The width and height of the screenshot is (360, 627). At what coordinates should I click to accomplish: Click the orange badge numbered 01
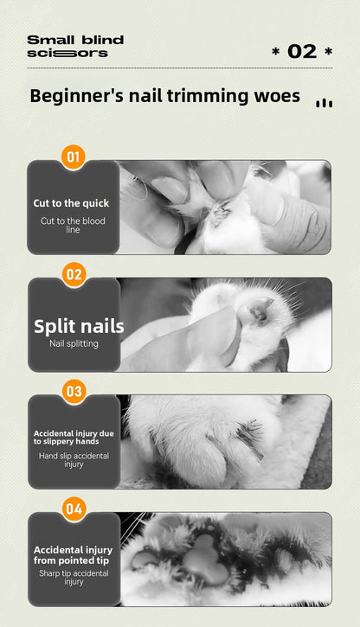point(74,157)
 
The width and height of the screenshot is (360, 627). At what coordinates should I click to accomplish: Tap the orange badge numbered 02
point(74,275)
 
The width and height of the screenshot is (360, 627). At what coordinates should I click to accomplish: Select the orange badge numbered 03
point(74,392)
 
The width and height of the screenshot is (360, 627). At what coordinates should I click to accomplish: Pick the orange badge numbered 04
point(74,509)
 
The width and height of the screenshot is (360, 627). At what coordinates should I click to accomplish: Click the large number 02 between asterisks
point(302,52)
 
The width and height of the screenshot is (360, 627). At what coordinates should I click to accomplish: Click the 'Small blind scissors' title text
point(74,47)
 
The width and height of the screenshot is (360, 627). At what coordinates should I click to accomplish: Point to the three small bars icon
point(325,103)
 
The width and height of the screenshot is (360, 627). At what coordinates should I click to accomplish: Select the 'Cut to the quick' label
point(72,203)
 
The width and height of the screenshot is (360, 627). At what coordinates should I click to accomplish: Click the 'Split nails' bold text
point(79,326)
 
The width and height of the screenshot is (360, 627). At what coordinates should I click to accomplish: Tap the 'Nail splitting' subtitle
point(74,344)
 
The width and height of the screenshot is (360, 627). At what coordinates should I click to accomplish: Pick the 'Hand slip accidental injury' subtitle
point(74,459)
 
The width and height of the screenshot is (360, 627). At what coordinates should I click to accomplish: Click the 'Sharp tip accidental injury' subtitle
point(74,577)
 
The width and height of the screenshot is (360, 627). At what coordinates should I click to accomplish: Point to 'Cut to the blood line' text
point(74,225)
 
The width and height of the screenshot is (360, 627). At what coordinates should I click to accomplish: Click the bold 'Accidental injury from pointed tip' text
point(74,554)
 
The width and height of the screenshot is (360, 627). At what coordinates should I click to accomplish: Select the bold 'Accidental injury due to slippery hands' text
point(72,437)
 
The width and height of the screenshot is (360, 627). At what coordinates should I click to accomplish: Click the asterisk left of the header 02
point(275,53)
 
